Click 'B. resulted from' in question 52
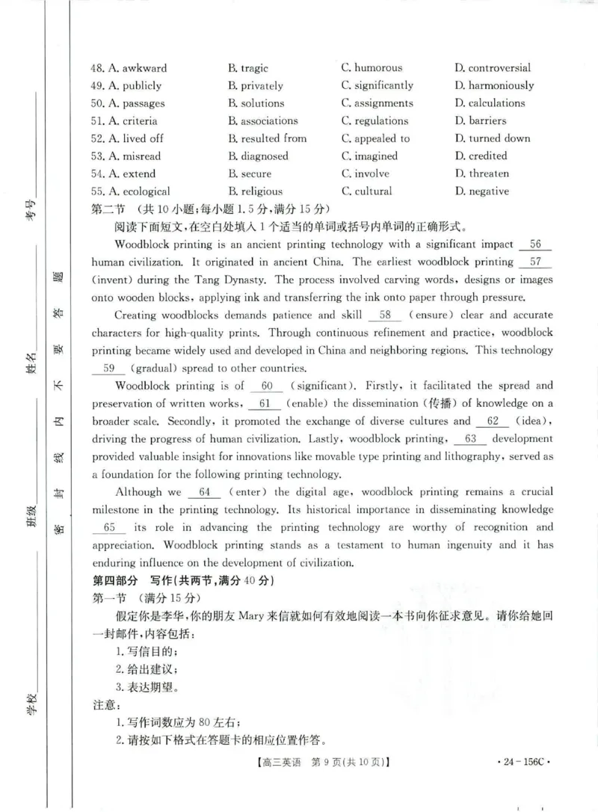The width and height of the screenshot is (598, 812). point(267,138)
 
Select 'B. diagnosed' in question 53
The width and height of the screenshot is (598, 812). point(258,156)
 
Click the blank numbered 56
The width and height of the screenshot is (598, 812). point(534,244)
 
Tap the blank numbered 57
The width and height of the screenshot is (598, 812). point(534,262)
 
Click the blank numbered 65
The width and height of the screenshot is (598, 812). point(109,527)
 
